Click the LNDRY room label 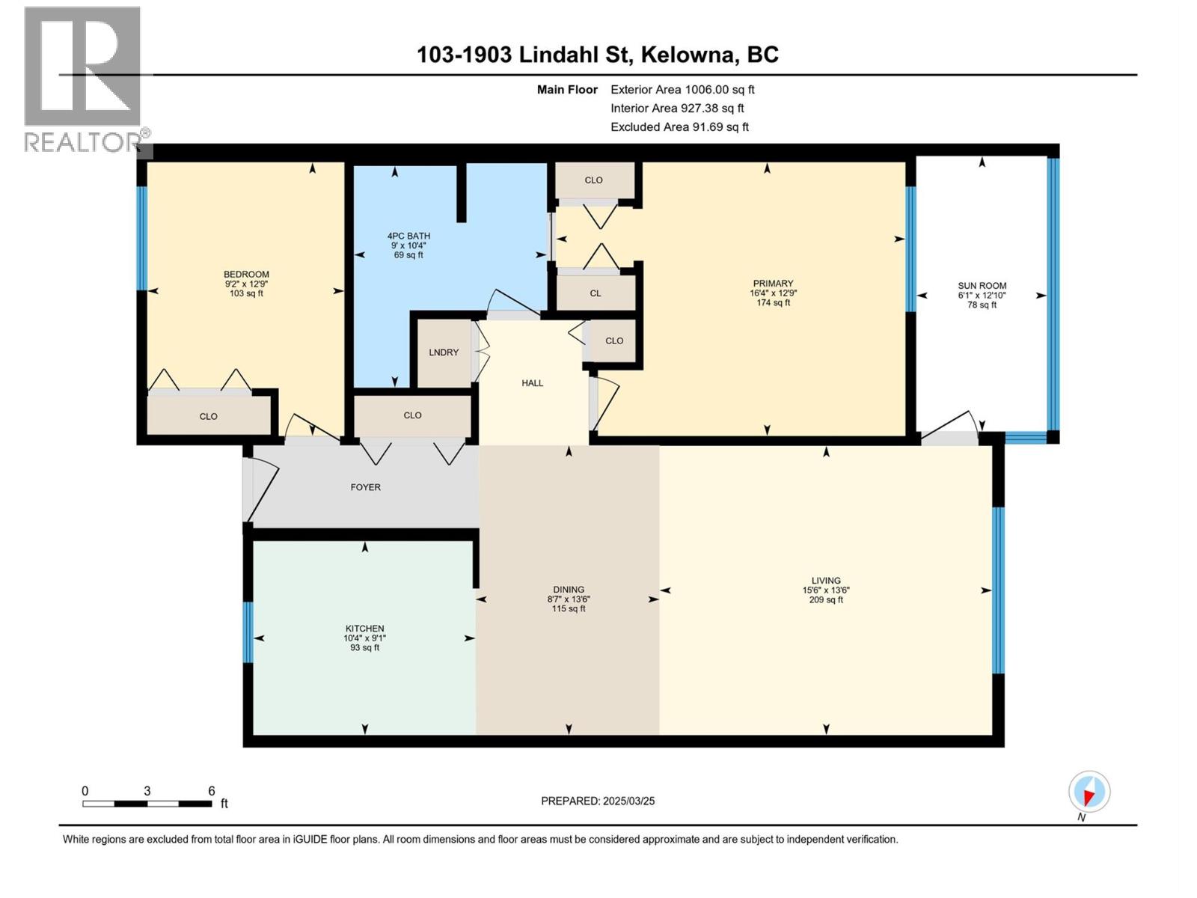(x=444, y=352)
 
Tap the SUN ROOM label (x=982, y=286)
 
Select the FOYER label (x=365, y=487)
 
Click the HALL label (x=532, y=383)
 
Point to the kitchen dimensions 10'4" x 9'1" (x=364, y=638)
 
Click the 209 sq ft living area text (x=826, y=600)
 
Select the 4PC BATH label (x=408, y=236)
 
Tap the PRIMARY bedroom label (x=773, y=284)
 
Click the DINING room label (x=569, y=590)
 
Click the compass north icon (x=1089, y=792)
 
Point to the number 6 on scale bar (x=212, y=791)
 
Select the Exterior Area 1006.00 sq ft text (x=682, y=90)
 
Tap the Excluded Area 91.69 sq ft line (x=679, y=127)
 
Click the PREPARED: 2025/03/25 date (x=598, y=801)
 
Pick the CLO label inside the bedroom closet (x=208, y=417)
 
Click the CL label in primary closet (x=595, y=293)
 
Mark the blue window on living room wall (x=997, y=590)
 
